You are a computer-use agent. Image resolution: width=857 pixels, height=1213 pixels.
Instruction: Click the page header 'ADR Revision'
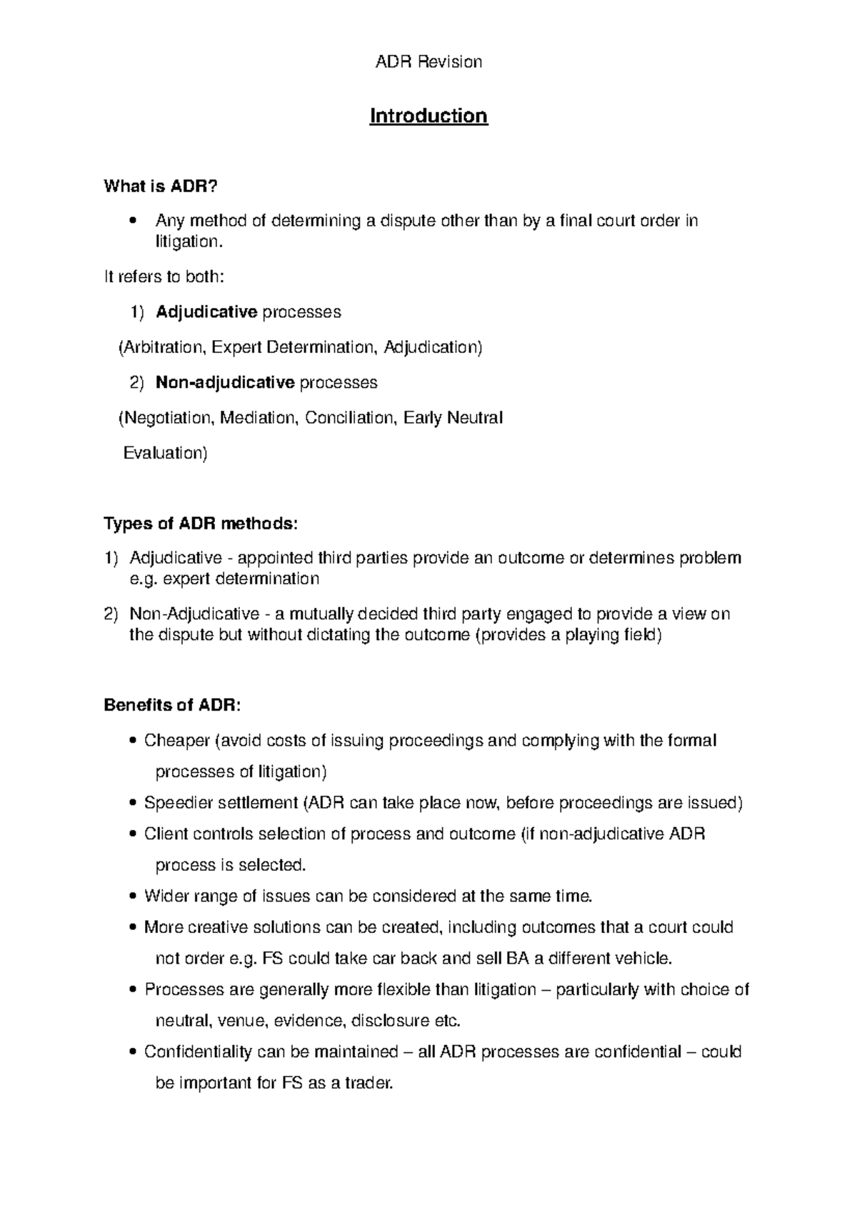pyautogui.click(x=428, y=62)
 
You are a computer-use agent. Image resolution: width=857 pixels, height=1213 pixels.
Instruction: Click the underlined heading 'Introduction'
pyautogui.click(x=428, y=116)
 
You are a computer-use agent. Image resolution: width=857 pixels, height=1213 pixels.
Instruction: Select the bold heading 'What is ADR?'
pyautogui.click(x=160, y=186)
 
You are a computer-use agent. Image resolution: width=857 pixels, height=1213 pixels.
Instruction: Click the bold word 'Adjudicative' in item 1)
pyautogui.click(x=206, y=312)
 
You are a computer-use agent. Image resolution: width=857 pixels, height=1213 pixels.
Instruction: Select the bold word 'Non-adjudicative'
pyautogui.click(x=225, y=383)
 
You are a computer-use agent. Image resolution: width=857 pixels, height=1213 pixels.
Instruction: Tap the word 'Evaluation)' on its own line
pyautogui.click(x=165, y=453)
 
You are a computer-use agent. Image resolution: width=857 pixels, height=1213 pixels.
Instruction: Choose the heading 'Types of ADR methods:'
pyautogui.click(x=199, y=524)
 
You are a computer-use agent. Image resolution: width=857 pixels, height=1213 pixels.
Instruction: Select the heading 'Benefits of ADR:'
pyautogui.click(x=172, y=705)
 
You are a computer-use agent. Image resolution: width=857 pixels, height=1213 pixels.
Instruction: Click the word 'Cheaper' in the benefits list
pyautogui.click(x=176, y=741)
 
